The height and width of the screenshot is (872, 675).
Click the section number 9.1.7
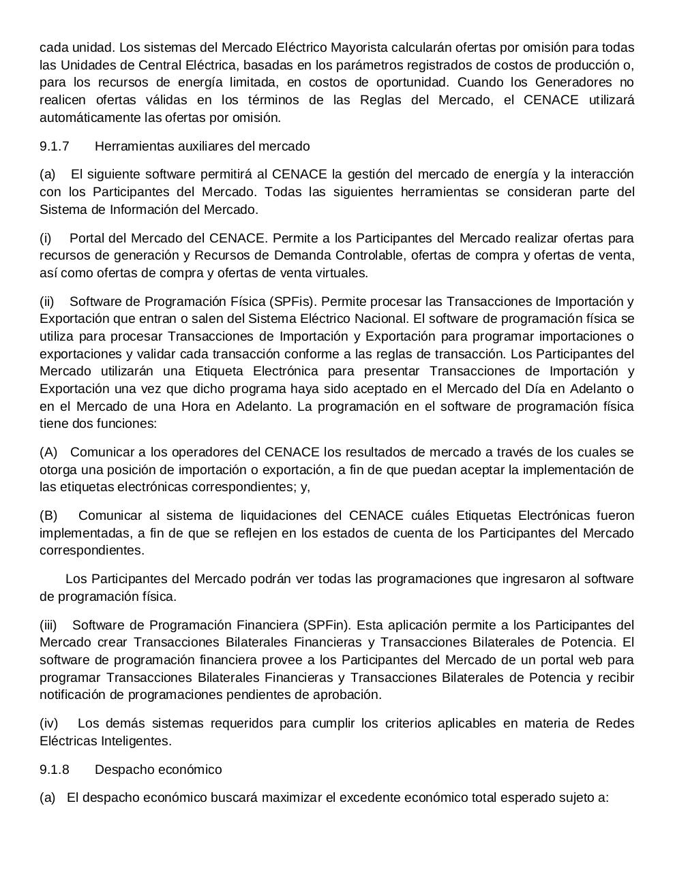click(x=55, y=146)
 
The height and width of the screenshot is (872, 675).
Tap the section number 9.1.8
click(x=55, y=770)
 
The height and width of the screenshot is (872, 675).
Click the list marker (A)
click(x=48, y=452)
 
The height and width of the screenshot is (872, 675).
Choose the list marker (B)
click(x=48, y=516)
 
